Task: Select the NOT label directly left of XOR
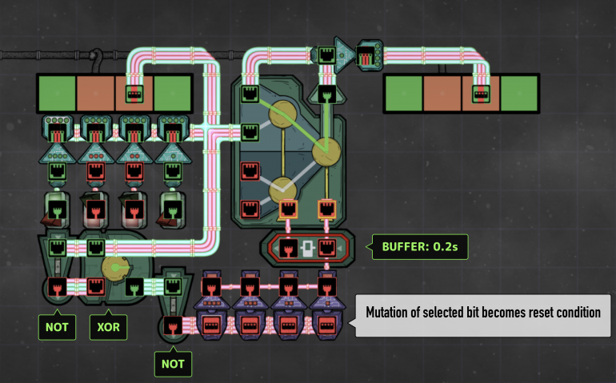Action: [58, 326]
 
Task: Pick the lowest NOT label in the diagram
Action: [173, 364]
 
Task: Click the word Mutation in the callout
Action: [394, 313]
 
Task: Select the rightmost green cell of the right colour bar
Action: [518, 94]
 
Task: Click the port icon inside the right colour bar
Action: [481, 94]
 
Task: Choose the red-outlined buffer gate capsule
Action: [309, 247]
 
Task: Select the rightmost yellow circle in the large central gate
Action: [326, 149]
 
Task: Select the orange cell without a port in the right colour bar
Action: [442, 94]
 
